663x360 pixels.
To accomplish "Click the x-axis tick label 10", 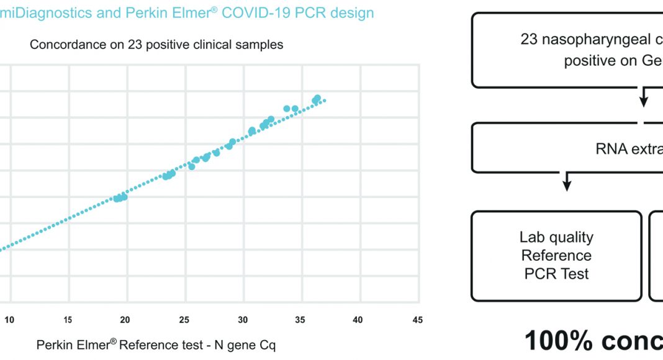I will [x=9, y=320].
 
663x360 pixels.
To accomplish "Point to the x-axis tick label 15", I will [x=68, y=320].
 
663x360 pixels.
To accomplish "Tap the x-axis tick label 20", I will [x=125, y=320].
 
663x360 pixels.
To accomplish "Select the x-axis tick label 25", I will [x=184, y=320].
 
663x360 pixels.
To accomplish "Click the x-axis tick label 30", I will [x=242, y=320].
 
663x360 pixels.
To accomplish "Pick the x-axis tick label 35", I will [x=300, y=320].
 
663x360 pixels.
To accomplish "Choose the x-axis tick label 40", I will [x=358, y=320].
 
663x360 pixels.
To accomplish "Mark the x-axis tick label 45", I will [x=417, y=320].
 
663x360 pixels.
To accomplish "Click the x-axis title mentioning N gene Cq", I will [x=156, y=344].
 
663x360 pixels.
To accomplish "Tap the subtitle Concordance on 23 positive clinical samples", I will [x=156, y=45].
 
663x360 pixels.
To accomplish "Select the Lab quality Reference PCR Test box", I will [x=556, y=256].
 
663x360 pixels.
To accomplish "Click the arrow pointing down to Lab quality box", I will [x=566, y=181].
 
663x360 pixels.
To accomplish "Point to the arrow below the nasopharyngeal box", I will [x=644, y=97].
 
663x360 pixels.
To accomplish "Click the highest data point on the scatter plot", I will [x=317, y=99].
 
